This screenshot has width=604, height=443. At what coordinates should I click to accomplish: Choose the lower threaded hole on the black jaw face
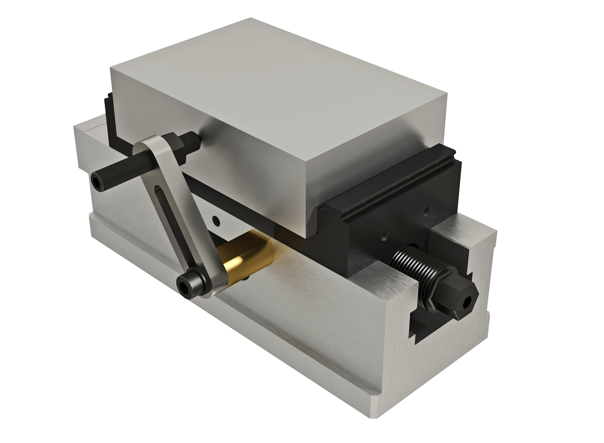[x=384, y=237]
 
